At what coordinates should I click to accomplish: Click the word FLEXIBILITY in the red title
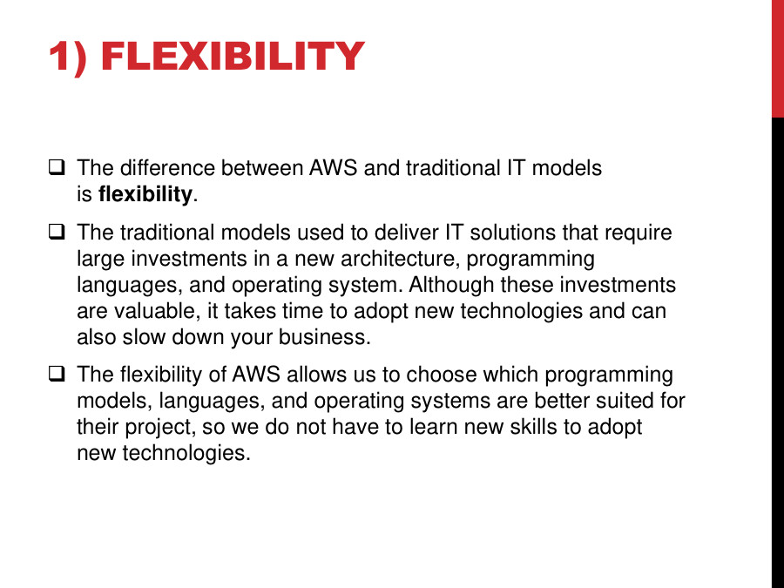232,57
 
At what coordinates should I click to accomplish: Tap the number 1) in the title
67,57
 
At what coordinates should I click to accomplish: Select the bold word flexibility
145,194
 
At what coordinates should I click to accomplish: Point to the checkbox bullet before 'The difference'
57,166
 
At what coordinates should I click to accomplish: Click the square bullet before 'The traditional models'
57,233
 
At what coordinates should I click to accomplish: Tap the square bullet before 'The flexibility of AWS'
57,375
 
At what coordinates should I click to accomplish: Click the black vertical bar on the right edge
777,348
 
